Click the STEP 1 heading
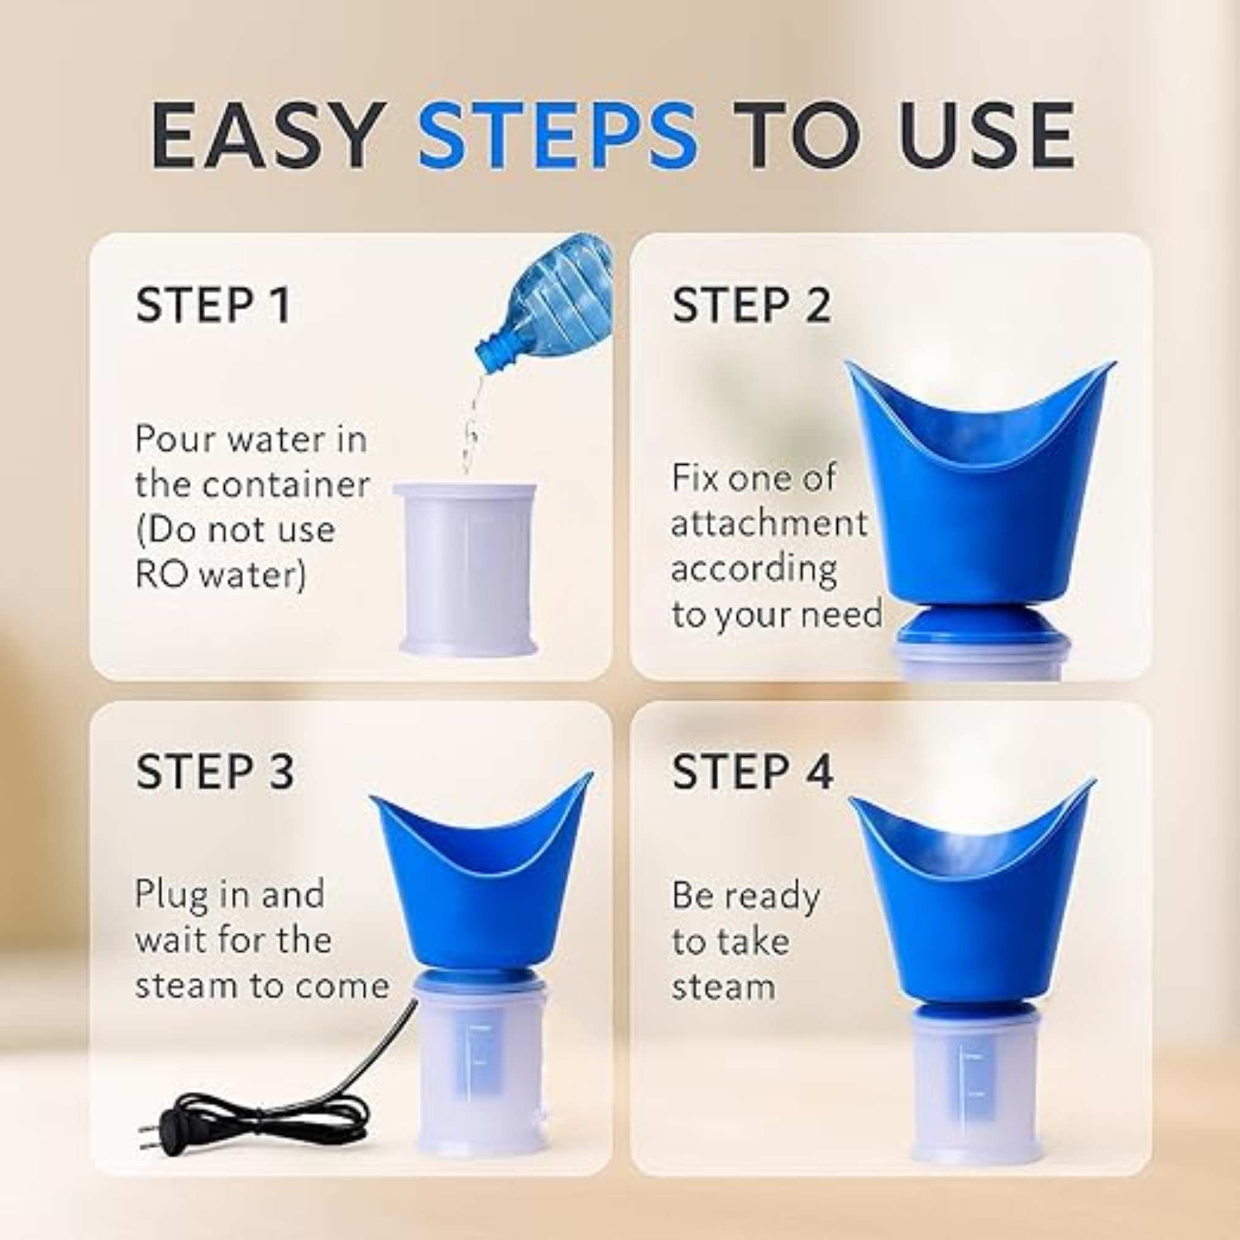214,306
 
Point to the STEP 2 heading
751,306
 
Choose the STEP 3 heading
215,770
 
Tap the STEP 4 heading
752,770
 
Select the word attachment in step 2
769,523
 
